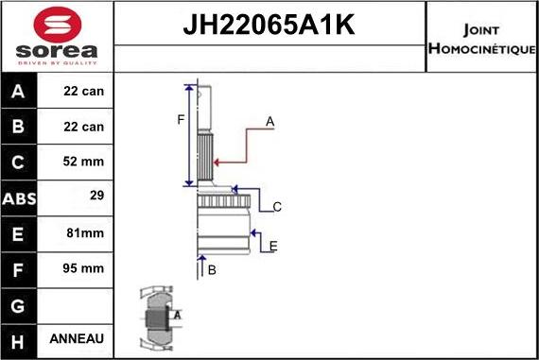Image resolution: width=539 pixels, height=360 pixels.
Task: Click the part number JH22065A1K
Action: (x=269, y=26)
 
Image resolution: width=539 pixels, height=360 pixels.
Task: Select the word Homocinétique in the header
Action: (x=482, y=48)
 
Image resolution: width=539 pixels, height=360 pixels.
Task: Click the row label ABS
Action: (x=20, y=197)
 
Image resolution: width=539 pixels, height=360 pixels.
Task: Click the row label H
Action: (x=20, y=338)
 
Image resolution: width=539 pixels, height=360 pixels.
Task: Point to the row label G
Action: (x=20, y=303)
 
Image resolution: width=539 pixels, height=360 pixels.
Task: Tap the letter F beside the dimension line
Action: (x=180, y=119)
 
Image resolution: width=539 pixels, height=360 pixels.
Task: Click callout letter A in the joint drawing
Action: (x=269, y=121)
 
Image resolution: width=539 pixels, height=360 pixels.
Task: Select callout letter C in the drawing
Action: (x=277, y=207)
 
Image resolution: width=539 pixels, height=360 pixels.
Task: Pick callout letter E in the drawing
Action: (x=272, y=247)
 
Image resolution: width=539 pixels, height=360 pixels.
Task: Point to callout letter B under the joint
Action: (x=212, y=270)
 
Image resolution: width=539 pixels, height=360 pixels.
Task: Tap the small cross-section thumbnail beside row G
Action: (x=159, y=316)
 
